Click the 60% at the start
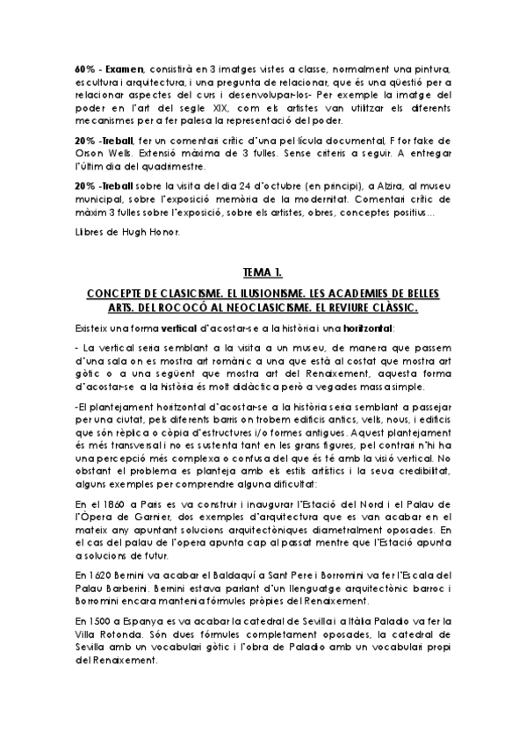point(84,68)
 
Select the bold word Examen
point(123,68)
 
